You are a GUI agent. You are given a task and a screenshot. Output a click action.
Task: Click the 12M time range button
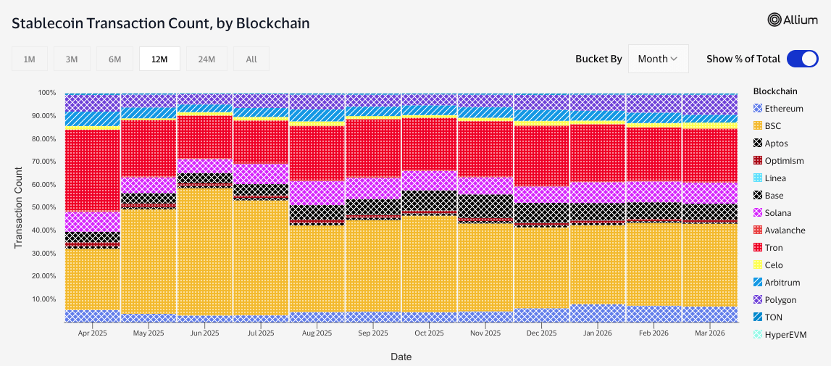pyautogui.click(x=159, y=59)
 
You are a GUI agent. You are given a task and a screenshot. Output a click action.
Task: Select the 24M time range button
pyautogui.click(x=206, y=59)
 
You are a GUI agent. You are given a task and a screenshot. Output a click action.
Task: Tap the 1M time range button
pyautogui.click(x=30, y=59)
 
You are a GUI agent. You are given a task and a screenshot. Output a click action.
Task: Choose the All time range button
pyautogui.click(x=251, y=59)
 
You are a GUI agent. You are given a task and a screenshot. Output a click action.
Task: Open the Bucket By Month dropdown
pyautogui.click(x=658, y=59)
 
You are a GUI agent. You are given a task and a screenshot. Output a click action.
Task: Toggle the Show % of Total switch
pyautogui.click(x=802, y=59)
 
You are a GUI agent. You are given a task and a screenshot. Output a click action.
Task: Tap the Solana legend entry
pyautogui.click(x=777, y=213)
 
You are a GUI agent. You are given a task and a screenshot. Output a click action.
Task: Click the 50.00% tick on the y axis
pyautogui.click(x=43, y=207)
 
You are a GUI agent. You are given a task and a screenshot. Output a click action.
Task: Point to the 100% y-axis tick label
pyautogui.click(x=46, y=93)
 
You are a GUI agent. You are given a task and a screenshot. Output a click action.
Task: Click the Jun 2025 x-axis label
pyautogui.click(x=204, y=333)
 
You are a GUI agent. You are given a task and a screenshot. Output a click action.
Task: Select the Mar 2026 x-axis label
pyautogui.click(x=710, y=333)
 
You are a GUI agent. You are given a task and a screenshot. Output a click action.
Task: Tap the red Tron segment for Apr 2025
pyautogui.click(x=92, y=170)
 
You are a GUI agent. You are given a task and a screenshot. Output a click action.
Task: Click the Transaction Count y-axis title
pyautogui.click(x=20, y=207)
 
